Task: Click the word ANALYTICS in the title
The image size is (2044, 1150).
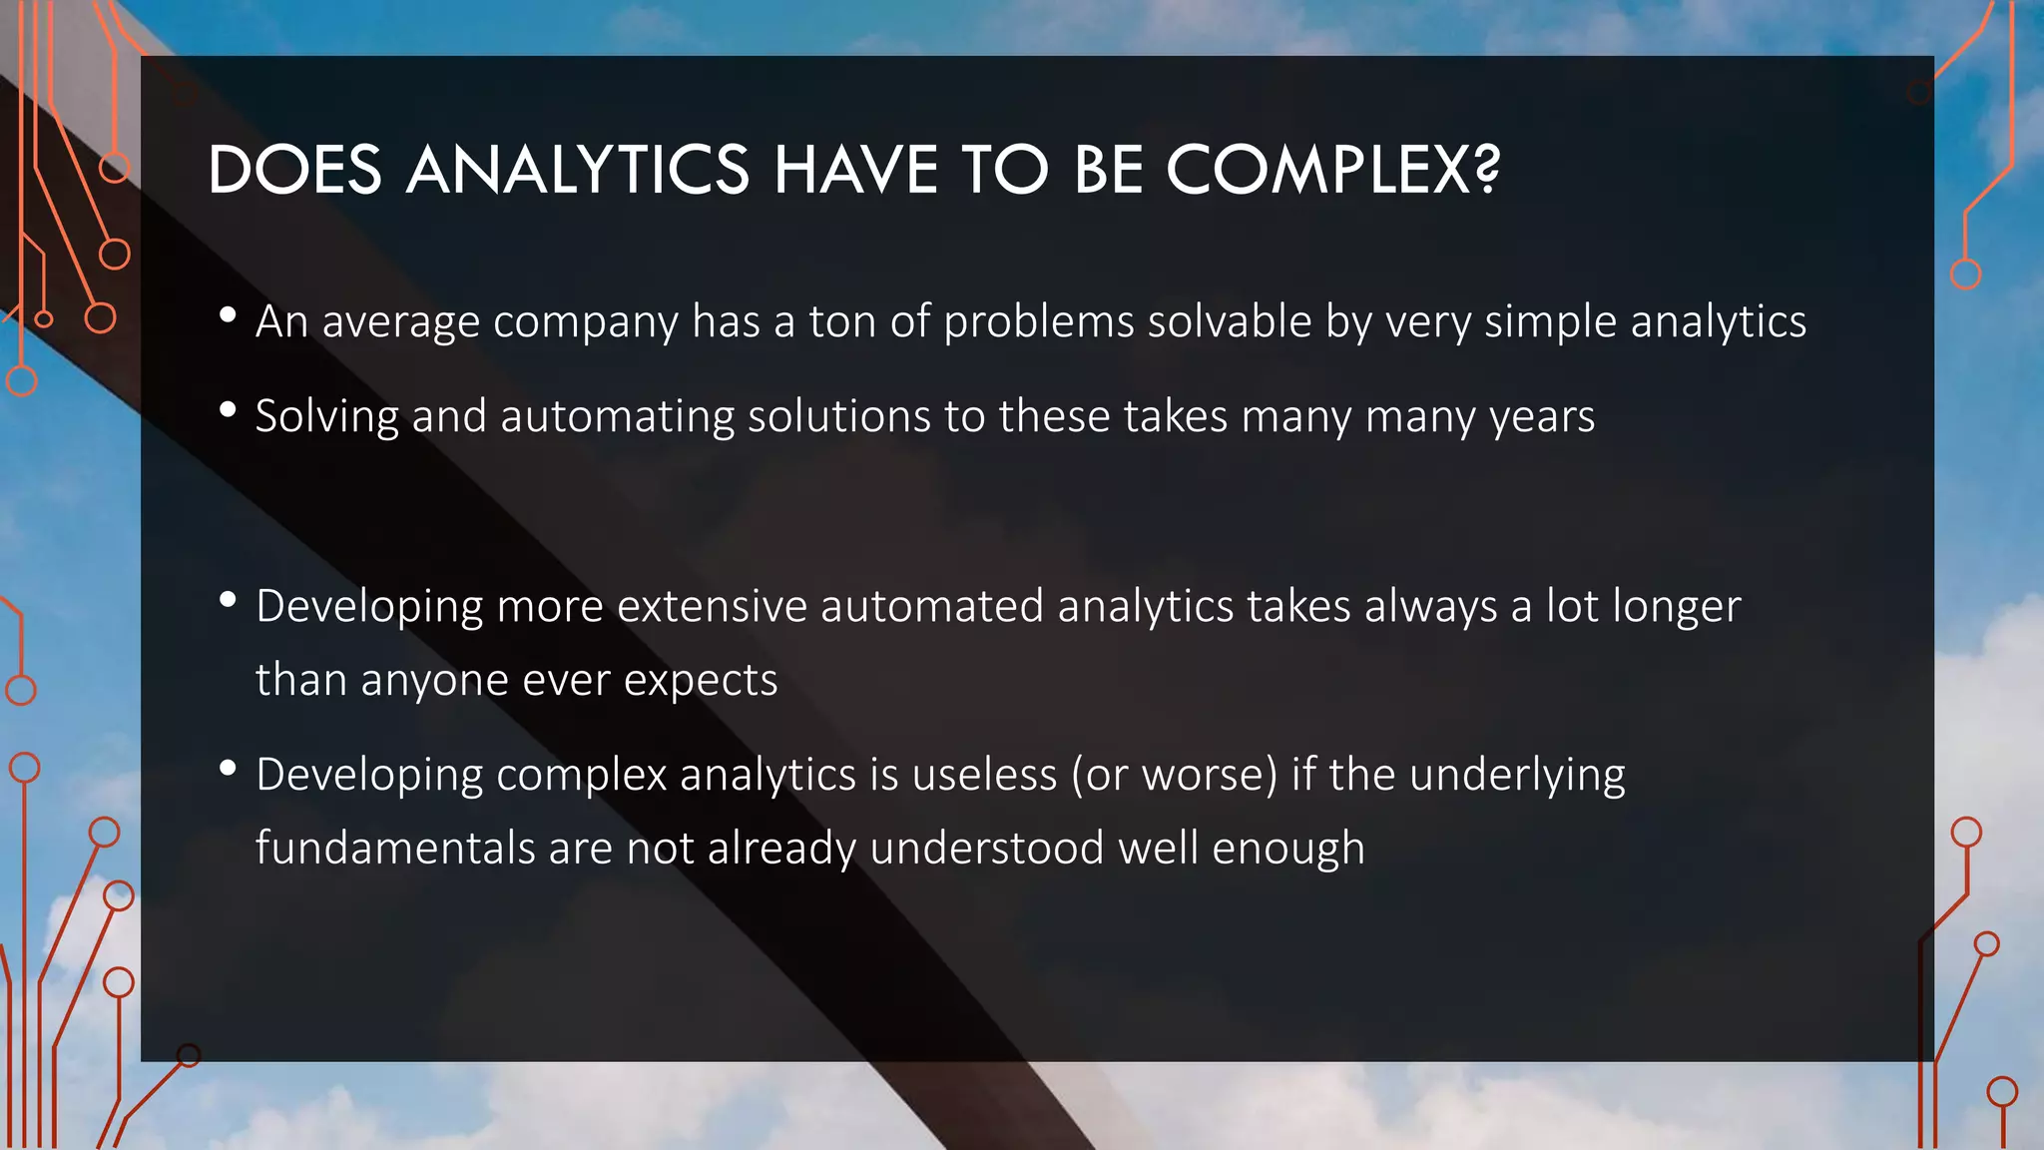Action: coord(578,169)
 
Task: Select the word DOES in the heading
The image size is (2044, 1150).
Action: coord(295,169)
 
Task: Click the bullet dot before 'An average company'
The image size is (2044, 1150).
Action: coord(228,315)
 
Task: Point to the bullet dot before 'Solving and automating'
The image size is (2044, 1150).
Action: coord(228,409)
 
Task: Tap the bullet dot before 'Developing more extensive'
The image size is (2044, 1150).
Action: coord(228,599)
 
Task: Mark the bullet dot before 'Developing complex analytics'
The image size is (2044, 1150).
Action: coord(228,768)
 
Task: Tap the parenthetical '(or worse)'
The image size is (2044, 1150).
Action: coord(1175,775)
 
